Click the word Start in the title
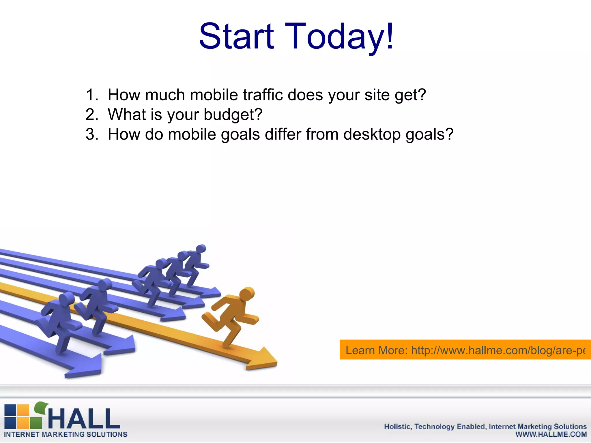click(x=236, y=37)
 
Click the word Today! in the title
click(x=339, y=37)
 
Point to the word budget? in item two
click(x=233, y=115)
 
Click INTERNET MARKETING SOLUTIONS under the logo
click(x=66, y=435)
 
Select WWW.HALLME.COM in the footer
click(x=551, y=434)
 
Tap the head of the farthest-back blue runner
click(x=201, y=249)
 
